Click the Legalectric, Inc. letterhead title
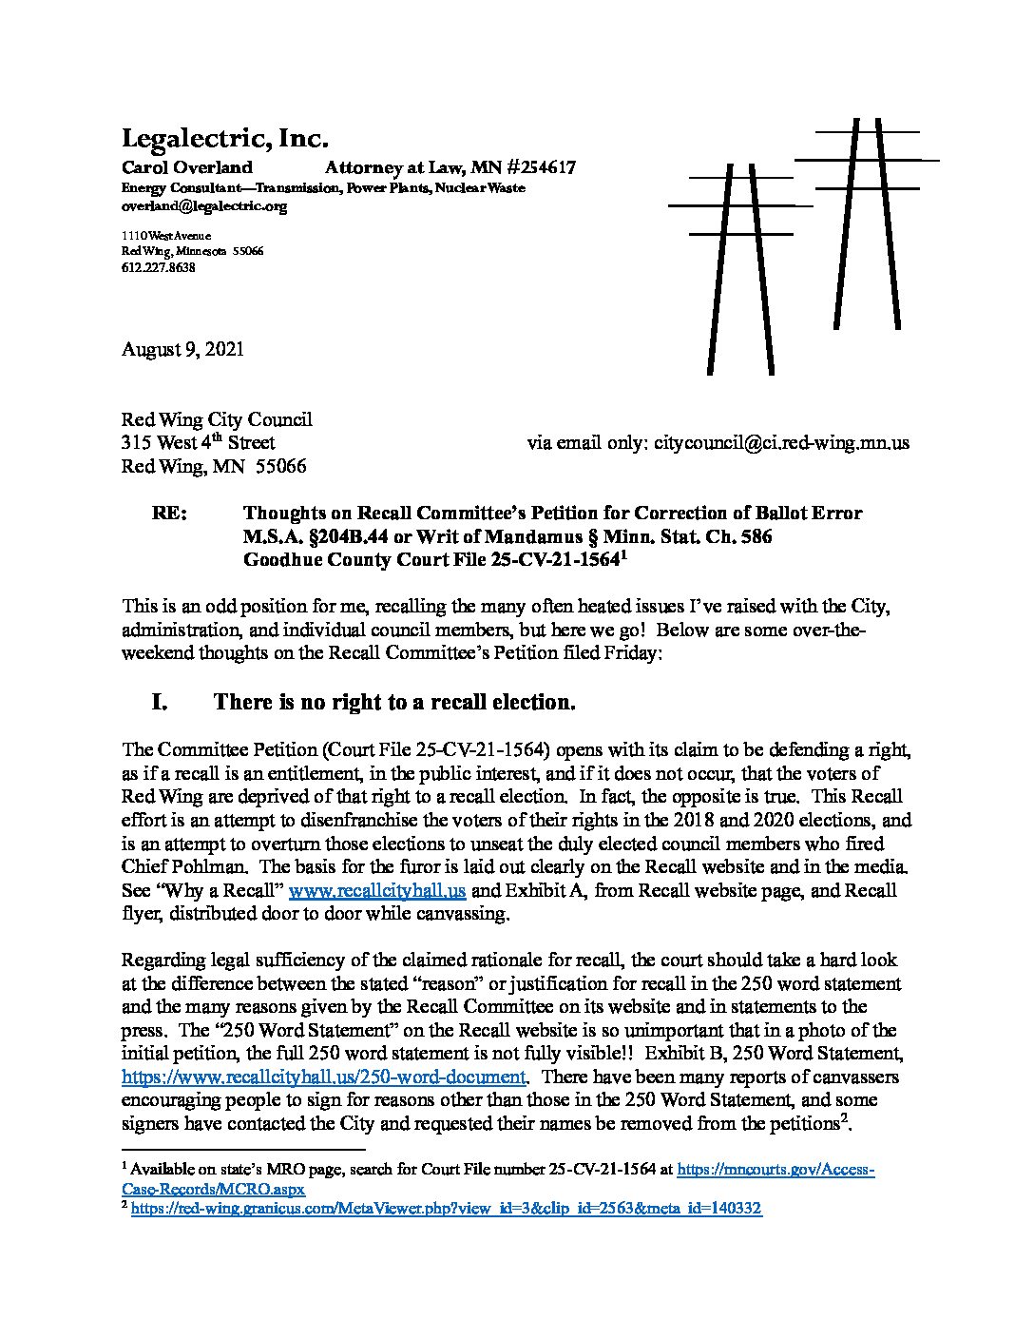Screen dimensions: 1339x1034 point(224,140)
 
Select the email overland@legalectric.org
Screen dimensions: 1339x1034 point(204,205)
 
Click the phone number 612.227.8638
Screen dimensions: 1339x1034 point(159,268)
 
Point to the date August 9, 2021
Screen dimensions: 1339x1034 point(182,349)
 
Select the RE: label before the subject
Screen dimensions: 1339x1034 point(169,514)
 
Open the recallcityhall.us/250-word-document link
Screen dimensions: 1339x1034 point(324,1077)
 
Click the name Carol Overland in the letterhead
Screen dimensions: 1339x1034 point(187,168)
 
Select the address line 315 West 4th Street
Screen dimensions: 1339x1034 point(199,443)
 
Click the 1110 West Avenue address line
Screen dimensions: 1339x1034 point(166,235)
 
